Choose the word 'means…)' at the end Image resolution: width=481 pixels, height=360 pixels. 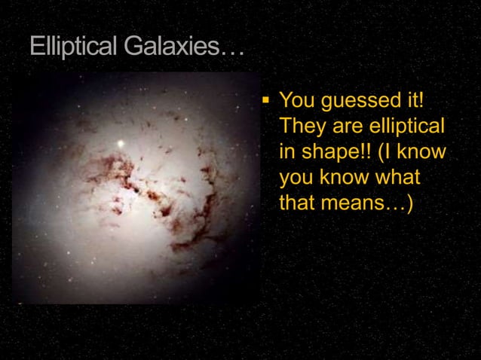pyautogui.click(x=371, y=203)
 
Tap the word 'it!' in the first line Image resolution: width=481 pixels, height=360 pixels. pyautogui.click(x=414, y=100)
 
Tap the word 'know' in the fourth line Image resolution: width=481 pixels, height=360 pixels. pyautogui.click(x=342, y=178)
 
